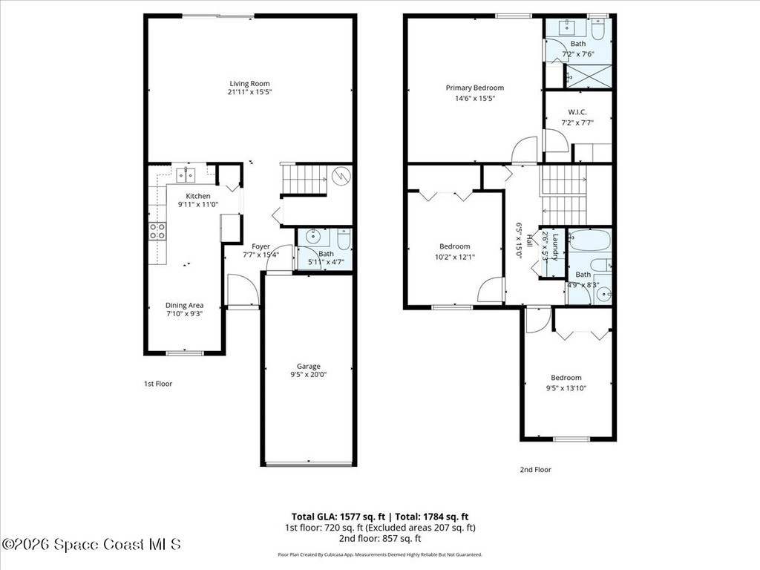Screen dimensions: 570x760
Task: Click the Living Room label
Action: tap(249, 83)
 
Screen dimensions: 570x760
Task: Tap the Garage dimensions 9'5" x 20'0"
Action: tap(309, 375)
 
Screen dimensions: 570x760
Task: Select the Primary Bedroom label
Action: tap(474, 88)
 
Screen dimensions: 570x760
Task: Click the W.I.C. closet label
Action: tap(577, 112)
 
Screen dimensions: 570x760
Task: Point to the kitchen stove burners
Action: tap(157, 231)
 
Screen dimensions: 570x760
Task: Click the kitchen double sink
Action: tap(185, 174)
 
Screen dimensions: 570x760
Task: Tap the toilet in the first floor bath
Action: tap(344, 240)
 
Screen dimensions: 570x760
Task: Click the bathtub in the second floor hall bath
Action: tap(589, 241)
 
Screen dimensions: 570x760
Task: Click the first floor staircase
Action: tap(306, 180)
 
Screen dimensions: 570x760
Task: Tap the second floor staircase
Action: tap(563, 194)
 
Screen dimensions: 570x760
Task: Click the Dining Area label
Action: tap(184, 305)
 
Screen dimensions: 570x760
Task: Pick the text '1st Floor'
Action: tap(158, 384)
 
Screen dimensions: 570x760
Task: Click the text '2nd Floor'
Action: tap(535, 469)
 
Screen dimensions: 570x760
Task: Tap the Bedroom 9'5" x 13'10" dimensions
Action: tap(566, 387)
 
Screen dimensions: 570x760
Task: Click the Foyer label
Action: tap(261, 246)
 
